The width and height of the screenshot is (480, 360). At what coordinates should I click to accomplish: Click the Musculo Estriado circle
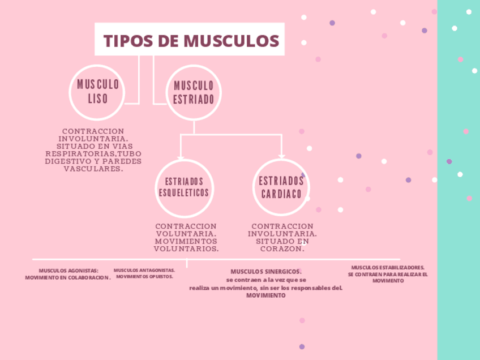[x=194, y=92]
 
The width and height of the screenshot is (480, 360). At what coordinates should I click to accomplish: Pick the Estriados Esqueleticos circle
[x=183, y=187]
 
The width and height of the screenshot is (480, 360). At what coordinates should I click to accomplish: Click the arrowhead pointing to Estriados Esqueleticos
[x=181, y=157]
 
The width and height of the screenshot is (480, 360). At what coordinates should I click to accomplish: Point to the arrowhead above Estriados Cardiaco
[x=281, y=157]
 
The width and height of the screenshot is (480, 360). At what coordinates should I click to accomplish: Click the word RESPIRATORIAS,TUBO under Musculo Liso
[x=93, y=153]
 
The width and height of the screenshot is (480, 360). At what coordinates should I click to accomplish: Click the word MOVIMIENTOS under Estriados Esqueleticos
[x=186, y=241]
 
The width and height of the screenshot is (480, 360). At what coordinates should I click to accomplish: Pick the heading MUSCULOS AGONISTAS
[x=68, y=271]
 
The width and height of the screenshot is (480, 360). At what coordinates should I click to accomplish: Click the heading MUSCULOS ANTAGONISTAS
[x=144, y=270]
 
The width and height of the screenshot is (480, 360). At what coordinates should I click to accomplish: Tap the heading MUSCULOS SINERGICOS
[x=265, y=271]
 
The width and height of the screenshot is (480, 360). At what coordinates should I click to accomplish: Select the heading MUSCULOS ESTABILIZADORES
[x=388, y=267]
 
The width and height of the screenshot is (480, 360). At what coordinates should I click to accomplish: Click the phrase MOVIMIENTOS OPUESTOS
[x=144, y=277]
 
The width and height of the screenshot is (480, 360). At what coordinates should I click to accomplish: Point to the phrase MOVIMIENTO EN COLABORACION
[x=68, y=277]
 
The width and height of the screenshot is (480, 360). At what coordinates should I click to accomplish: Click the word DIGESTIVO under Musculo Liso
[x=67, y=161]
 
